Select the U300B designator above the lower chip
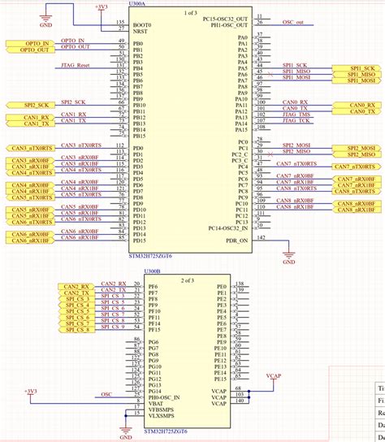coord(153,272)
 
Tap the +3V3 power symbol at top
coord(101,6)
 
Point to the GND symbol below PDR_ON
coord(289,262)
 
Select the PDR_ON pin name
coord(236,240)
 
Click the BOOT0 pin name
coord(142,24)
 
